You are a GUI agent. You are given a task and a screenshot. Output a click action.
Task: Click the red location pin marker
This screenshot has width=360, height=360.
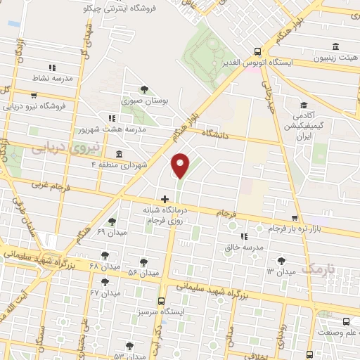pos(181,165)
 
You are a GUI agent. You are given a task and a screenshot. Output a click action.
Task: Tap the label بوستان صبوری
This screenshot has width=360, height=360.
pos(146,102)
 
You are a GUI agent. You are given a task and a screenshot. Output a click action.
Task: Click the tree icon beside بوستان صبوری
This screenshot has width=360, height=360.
pos(144,89)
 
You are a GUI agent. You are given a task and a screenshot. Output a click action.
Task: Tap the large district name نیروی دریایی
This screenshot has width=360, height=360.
pos(58,147)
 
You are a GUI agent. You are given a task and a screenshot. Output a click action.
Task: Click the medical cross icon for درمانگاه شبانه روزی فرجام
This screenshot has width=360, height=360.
pos(165,199)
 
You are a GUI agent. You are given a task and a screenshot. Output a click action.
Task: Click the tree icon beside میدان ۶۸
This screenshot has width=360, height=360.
pos(104,255)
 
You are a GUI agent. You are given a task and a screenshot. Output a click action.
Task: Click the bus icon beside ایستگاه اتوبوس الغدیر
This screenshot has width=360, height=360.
pos(257,51)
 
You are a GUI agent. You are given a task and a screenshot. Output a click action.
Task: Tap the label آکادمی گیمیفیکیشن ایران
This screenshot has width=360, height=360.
pos(311,124)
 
